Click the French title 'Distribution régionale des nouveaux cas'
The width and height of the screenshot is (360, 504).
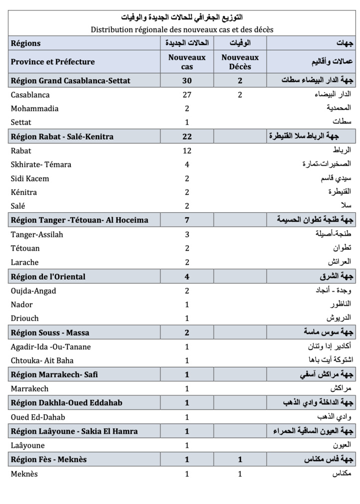pyautogui.click(x=181, y=29)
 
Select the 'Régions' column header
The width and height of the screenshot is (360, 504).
pyautogui.click(x=25, y=43)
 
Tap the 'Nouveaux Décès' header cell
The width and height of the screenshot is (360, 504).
pyautogui.click(x=240, y=62)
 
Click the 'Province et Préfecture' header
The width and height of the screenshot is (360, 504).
pyautogui.click(x=52, y=62)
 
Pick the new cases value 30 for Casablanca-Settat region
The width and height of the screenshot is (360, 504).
pyautogui.click(x=187, y=81)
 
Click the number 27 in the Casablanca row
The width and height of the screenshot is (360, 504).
pyautogui.click(x=187, y=95)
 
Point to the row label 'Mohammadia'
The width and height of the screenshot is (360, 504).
pyautogui.click(x=34, y=109)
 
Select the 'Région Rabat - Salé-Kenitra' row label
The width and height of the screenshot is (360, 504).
pyautogui.click(x=62, y=137)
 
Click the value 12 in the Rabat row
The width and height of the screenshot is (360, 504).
pyautogui.click(x=187, y=151)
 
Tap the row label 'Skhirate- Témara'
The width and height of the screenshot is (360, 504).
pyautogui.click(x=41, y=165)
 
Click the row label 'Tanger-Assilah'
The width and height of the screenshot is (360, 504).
pyautogui.click(x=37, y=234)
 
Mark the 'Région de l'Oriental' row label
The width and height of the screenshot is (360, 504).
pyautogui.click(x=48, y=277)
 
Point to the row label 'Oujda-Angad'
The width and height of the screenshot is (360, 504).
pyautogui.click(x=33, y=291)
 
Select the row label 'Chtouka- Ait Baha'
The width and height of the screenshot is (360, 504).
pyautogui.click(x=42, y=360)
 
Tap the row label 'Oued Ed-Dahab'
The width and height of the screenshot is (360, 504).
pyautogui.click(x=38, y=417)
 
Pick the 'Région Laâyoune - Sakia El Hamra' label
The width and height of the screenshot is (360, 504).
pyautogui.click(x=74, y=431)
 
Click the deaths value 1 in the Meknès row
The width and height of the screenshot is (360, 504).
pyautogui.click(x=240, y=474)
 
